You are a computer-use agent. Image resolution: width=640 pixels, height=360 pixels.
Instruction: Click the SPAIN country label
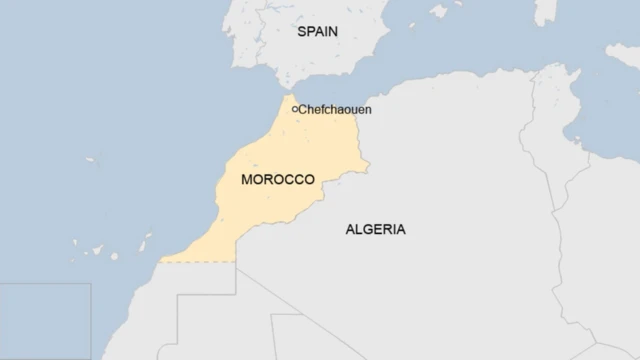coord(318,32)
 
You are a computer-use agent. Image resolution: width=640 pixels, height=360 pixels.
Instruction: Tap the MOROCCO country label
coord(278,180)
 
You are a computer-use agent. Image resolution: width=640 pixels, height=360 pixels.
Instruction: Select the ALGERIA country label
coord(375,229)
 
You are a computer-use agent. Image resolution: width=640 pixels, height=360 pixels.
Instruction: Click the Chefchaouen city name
coord(335,109)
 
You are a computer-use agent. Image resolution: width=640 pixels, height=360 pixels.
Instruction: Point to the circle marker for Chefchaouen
coord(294,109)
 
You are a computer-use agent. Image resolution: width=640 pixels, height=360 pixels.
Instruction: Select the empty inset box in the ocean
coord(45,320)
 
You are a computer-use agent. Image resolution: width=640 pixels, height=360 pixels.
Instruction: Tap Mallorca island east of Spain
coord(438,12)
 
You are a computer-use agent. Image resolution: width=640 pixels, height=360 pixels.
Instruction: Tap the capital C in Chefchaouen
coord(302,109)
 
